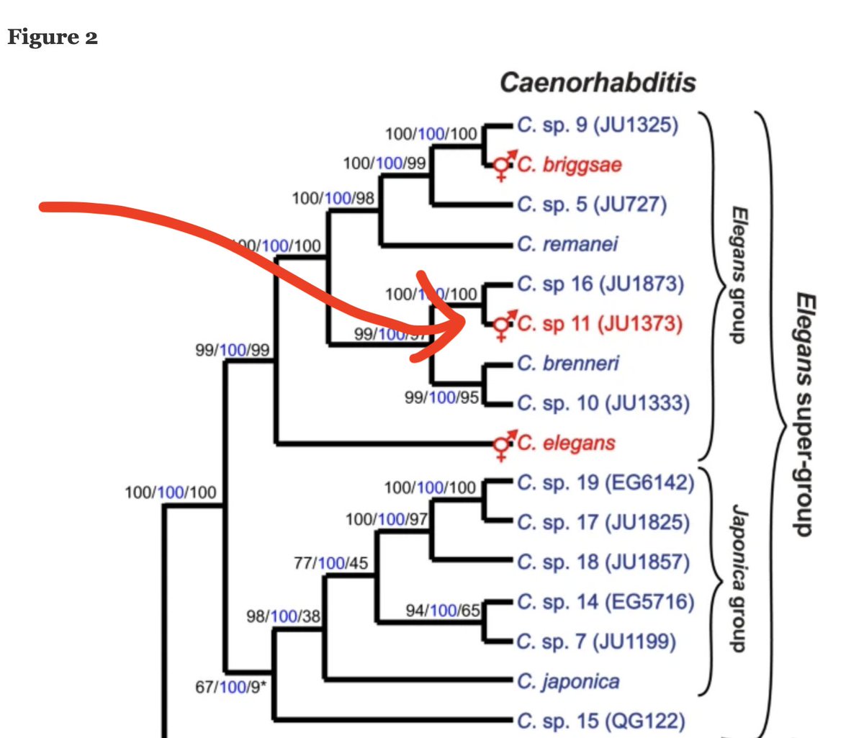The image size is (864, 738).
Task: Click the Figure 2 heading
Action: click(x=53, y=37)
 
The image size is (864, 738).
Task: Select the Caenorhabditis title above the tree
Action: click(x=598, y=82)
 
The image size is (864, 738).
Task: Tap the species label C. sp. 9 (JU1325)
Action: click(x=598, y=125)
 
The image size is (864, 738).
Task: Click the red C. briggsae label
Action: click(x=569, y=165)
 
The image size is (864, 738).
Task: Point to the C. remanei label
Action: click(x=567, y=244)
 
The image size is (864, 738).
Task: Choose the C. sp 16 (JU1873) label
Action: click(x=600, y=284)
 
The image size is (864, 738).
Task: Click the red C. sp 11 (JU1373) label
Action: click(x=599, y=324)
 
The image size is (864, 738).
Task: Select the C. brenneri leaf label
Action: click(x=568, y=364)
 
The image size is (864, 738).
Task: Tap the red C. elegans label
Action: click(x=566, y=443)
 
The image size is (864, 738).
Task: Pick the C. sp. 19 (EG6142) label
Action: click(x=606, y=482)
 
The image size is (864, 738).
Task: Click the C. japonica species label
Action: click(x=568, y=681)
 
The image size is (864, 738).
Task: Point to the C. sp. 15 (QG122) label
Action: click(x=600, y=721)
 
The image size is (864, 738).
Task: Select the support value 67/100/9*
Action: click(x=230, y=687)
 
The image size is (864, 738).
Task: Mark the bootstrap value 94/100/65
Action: click(x=443, y=611)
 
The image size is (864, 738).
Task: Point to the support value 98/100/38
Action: click(x=283, y=616)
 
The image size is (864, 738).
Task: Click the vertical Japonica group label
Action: click(x=739, y=577)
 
